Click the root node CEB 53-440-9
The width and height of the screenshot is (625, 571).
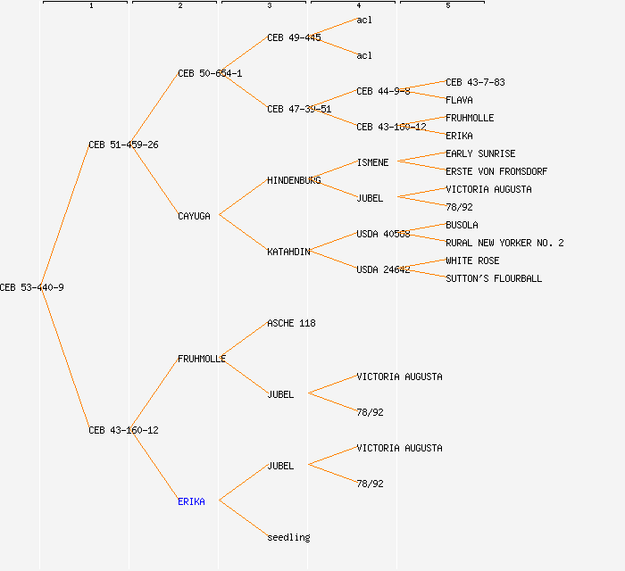(31, 287)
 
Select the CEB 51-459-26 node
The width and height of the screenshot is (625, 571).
(123, 145)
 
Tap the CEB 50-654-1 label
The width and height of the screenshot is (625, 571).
(210, 73)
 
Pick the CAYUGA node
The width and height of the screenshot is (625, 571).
(194, 216)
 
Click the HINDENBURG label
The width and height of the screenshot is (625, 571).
(294, 180)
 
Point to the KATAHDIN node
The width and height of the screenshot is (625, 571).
(288, 252)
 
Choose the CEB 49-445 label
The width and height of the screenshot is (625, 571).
(294, 37)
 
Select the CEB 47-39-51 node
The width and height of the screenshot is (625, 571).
(299, 109)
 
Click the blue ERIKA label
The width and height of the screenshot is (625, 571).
(191, 501)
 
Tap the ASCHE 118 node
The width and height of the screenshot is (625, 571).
(291, 323)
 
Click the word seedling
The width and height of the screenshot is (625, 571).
(288, 537)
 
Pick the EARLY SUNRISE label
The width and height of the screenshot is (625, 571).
(480, 153)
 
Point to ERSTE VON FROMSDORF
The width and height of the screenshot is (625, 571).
(496, 171)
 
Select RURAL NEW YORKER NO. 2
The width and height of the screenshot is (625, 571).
(504, 243)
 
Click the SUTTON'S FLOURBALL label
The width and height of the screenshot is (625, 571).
(494, 278)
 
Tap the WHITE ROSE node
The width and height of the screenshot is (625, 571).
(472, 261)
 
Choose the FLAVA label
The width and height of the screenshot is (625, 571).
(459, 100)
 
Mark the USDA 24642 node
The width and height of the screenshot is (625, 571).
(383, 269)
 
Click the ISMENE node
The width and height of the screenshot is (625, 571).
(372, 162)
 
